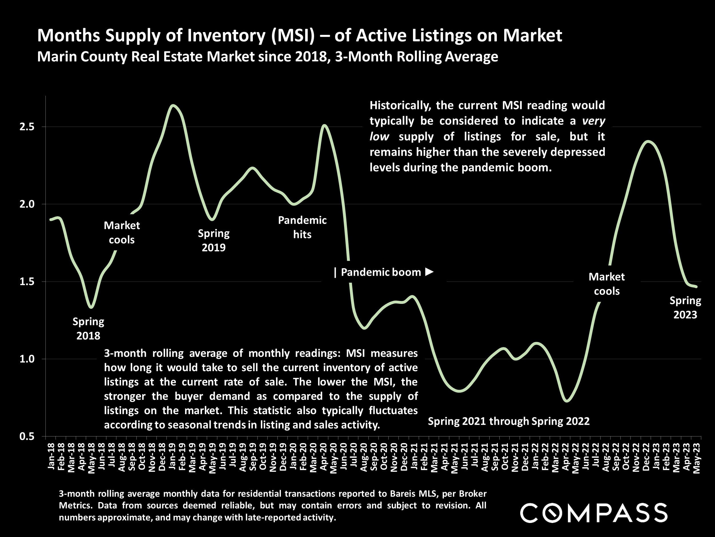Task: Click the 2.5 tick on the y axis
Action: (27, 127)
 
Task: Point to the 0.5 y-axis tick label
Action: (27, 436)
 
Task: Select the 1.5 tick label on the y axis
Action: (27, 282)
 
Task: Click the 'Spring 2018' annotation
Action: (88, 329)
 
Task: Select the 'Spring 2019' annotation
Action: (214, 240)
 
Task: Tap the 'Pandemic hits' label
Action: (302, 227)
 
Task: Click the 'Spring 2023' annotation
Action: (685, 308)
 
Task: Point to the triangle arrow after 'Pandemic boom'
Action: (429, 272)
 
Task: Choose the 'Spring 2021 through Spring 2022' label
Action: (509, 421)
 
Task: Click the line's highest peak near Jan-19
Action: (173, 105)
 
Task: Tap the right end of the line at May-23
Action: (697, 287)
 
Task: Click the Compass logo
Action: (593, 512)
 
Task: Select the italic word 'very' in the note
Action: (593, 121)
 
